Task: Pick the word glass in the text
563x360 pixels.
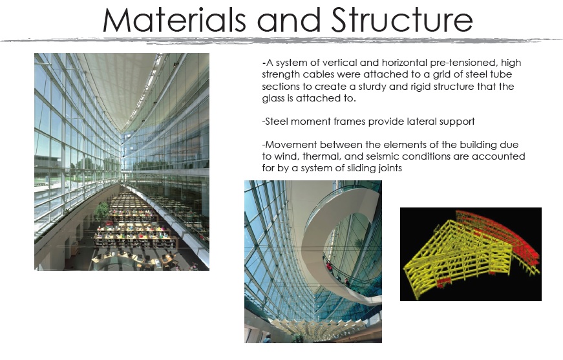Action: tap(272, 99)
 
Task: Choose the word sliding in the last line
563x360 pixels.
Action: tap(372, 169)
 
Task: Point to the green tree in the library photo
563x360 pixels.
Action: tap(101, 209)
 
